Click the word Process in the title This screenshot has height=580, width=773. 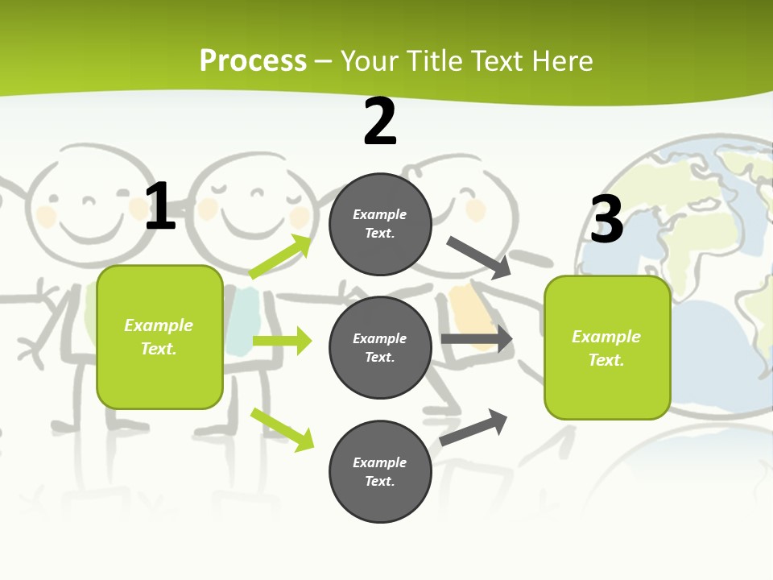coord(253,61)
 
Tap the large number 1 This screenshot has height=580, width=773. coord(160,207)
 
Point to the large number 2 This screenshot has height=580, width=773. coord(380,122)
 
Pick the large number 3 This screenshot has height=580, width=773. coord(606,219)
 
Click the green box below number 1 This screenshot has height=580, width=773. coord(159,337)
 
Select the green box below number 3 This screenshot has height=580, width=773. coord(607,348)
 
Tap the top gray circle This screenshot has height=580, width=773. coord(380,224)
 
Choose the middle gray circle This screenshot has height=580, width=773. coord(380,347)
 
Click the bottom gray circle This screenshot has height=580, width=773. coord(380,471)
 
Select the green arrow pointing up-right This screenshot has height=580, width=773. coord(280,257)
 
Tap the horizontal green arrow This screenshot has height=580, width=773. coord(282,341)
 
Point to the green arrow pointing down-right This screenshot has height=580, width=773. coord(282,429)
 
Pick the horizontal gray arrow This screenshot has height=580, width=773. coord(477,339)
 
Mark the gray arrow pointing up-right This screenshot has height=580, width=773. coord(473,427)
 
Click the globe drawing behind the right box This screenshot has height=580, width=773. coord(709,209)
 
